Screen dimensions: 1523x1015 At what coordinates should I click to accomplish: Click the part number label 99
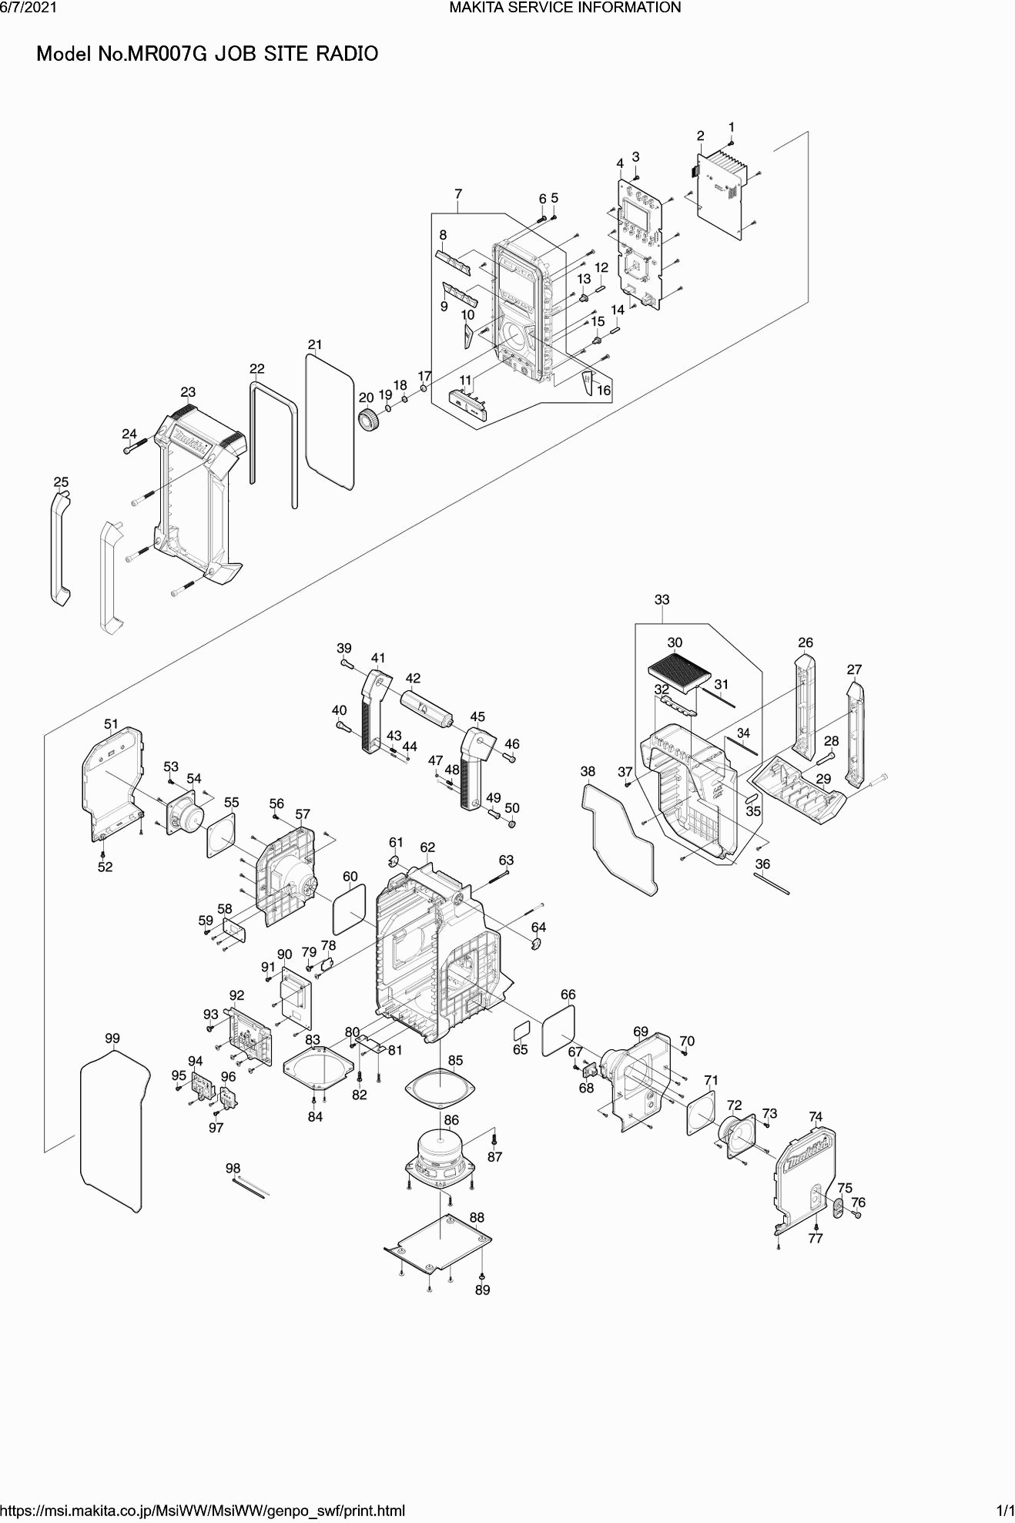[112, 1038]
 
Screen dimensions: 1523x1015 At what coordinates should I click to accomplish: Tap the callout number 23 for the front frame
[188, 392]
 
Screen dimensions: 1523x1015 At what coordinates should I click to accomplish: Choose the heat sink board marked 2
[724, 192]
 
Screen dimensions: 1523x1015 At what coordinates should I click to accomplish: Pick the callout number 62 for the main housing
[427, 847]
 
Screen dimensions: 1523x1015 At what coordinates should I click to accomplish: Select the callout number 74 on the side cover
[816, 1116]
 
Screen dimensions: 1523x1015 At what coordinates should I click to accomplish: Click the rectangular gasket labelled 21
[330, 422]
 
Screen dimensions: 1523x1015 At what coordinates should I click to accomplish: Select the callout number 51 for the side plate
[112, 723]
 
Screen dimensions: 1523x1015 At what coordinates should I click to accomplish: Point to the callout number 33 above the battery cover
[662, 599]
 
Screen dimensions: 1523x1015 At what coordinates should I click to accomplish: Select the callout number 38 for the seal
[588, 771]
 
